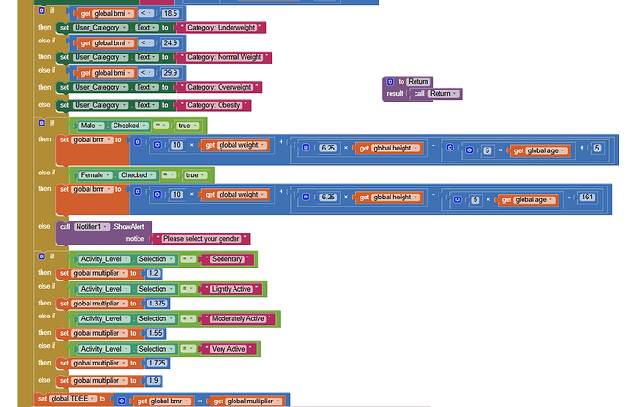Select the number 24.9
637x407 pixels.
pyautogui.click(x=168, y=43)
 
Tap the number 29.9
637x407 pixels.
pyautogui.click(x=168, y=73)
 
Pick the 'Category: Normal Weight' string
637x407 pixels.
pyautogui.click(x=226, y=58)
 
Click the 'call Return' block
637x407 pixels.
pyautogui.click(x=436, y=94)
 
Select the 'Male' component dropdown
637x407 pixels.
pyautogui.click(x=90, y=126)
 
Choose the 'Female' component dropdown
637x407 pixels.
pyautogui.click(x=94, y=174)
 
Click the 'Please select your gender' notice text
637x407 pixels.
pyautogui.click(x=201, y=238)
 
